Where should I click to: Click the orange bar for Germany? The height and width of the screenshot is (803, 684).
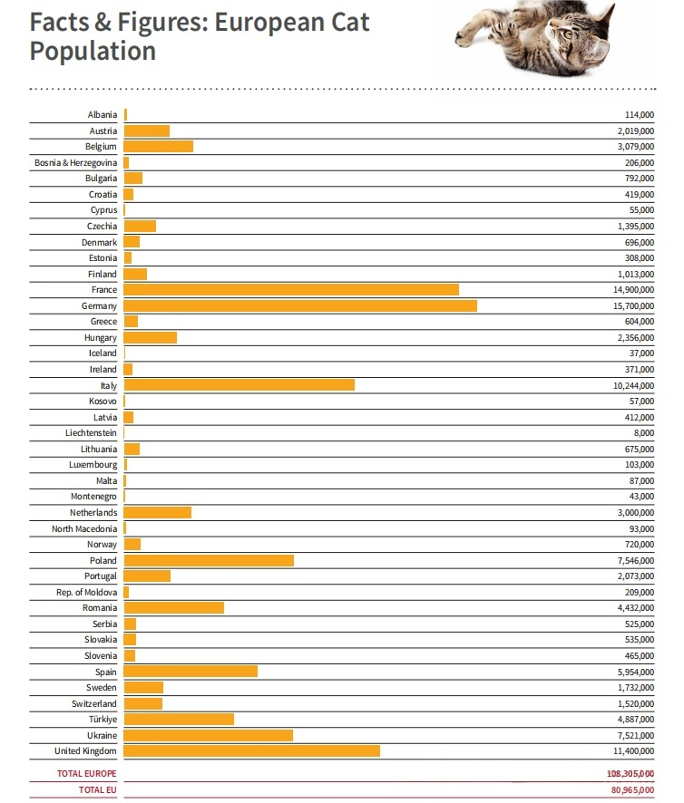pos(300,306)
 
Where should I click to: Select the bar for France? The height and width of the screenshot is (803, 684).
pos(291,290)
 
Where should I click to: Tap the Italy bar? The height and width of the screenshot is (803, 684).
pos(239,385)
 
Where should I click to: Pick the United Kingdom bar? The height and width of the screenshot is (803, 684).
pos(251,750)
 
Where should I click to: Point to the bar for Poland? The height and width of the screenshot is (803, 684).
pos(209,560)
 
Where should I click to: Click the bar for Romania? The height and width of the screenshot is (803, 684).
pos(173,608)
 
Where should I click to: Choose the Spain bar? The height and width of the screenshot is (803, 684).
pos(191,672)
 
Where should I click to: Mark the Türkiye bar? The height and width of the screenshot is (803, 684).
pos(179,720)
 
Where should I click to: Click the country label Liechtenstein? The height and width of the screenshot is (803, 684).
pos(91,433)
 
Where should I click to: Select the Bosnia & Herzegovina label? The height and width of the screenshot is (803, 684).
pos(70,163)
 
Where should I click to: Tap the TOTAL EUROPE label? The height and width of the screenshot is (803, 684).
pos(87,774)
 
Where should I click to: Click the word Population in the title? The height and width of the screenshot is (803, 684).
pos(93,51)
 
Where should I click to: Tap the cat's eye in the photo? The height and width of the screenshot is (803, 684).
pos(569,34)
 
